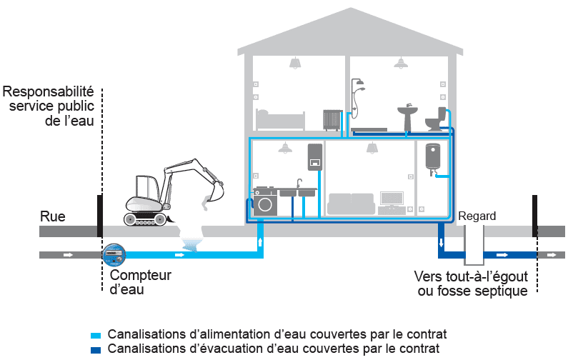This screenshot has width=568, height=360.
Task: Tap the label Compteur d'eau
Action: [141, 282]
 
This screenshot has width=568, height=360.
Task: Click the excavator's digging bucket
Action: [214, 194]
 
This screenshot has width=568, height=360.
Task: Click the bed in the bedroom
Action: [280, 119]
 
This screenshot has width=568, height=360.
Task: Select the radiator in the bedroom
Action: [332, 119]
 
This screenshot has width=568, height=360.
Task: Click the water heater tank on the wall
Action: [432, 158]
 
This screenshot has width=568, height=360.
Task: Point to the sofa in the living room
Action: [351, 204]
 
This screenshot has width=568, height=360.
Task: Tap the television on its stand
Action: [392, 200]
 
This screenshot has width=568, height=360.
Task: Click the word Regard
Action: [477, 216]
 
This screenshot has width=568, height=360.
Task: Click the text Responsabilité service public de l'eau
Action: [49, 106]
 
